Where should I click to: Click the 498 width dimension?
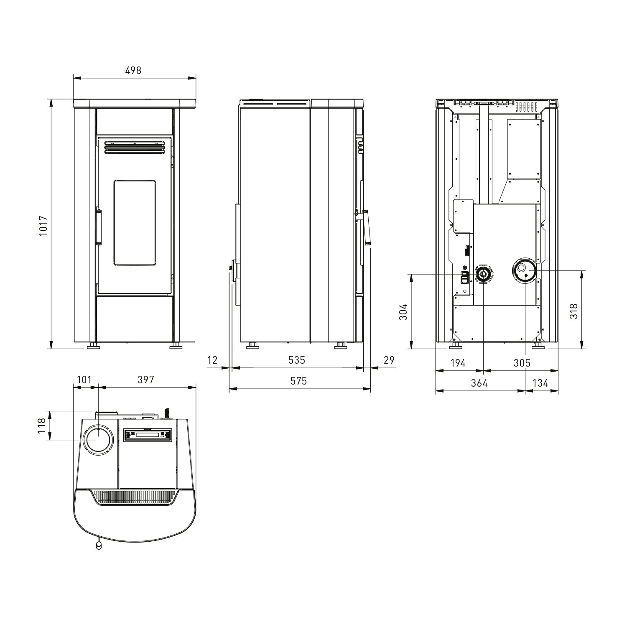click(x=133, y=70)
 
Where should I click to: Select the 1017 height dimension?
click(x=43, y=226)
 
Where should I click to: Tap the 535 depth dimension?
click(x=296, y=360)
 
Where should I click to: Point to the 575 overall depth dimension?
click(x=298, y=381)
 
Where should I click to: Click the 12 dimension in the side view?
click(x=213, y=360)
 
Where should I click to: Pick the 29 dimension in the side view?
click(x=389, y=360)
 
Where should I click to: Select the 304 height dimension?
click(x=403, y=312)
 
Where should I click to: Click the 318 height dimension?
click(x=574, y=311)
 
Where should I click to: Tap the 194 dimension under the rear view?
click(x=458, y=363)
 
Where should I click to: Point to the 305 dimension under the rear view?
click(x=522, y=363)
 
